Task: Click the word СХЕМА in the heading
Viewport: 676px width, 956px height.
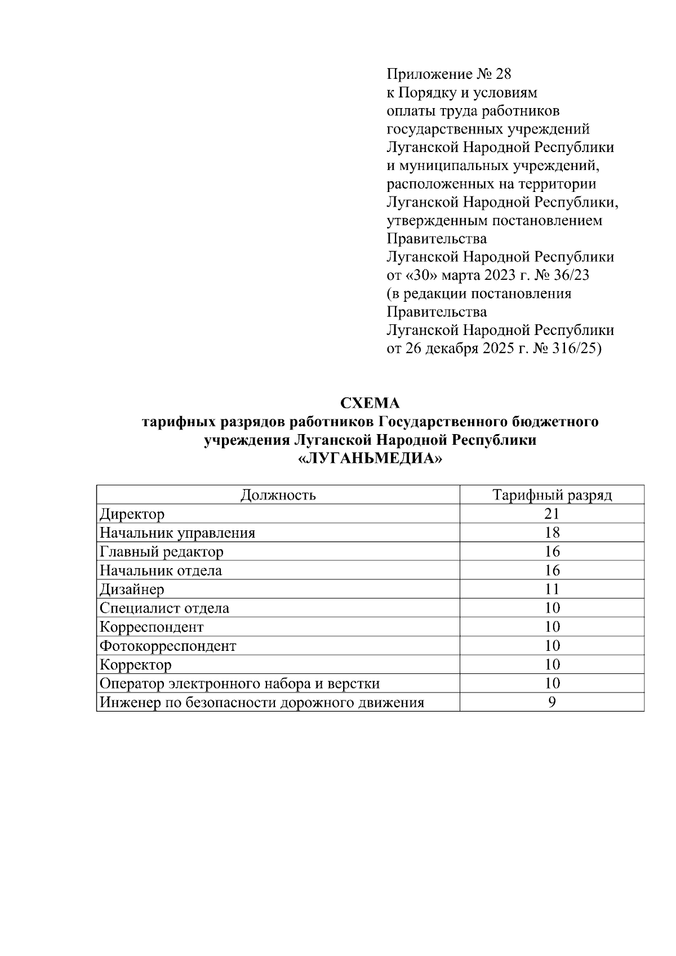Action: coord(370,403)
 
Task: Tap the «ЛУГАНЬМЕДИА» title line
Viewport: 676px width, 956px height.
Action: coord(370,459)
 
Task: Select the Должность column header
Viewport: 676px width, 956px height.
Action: coord(278,495)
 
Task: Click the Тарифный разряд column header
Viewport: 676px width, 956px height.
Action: coord(552,495)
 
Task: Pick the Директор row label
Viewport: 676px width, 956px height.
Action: coord(132,514)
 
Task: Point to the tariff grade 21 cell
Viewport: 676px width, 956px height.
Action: coord(552,514)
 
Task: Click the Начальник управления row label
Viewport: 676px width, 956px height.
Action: coord(177,533)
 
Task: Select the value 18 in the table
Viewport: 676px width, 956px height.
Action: coord(552,533)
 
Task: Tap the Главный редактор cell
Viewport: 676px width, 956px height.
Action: coord(161,552)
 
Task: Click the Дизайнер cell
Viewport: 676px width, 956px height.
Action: coord(132,589)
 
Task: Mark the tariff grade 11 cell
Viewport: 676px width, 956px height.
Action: coord(552,589)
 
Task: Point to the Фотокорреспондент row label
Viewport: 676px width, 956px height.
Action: coord(167,646)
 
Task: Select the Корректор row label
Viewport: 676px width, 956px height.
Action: coord(135,665)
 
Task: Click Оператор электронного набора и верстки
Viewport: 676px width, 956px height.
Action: coord(239,684)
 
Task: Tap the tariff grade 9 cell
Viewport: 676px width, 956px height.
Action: coord(552,703)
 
